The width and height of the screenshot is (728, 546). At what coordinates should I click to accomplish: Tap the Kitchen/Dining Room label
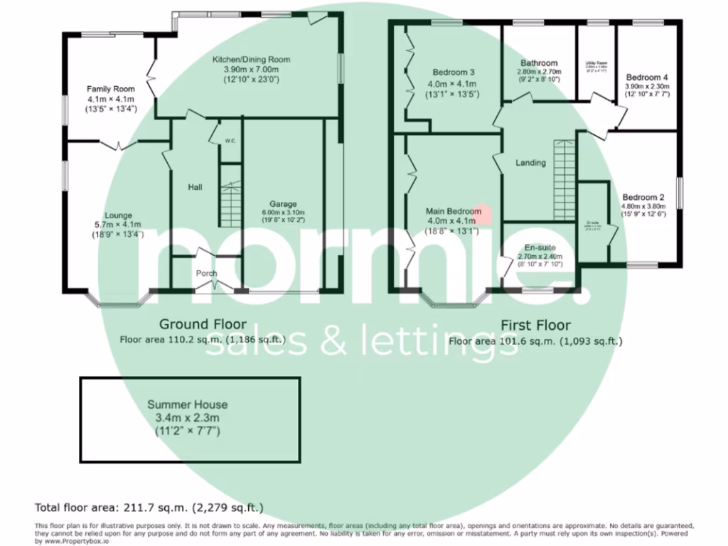[x=252, y=59]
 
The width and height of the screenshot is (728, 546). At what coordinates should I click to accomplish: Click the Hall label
[x=195, y=188]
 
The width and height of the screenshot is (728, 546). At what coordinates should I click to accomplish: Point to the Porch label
[x=207, y=274]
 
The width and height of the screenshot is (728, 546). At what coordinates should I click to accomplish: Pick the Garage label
[x=283, y=203]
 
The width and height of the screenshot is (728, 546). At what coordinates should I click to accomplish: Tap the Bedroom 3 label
[x=454, y=73]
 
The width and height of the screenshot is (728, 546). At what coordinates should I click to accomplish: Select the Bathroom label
[x=538, y=63]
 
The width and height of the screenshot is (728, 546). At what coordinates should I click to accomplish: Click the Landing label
[x=530, y=163]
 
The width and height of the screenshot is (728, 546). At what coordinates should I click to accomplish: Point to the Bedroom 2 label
[x=643, y=197]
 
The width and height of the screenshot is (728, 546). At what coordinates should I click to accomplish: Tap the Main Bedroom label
[x=454, y=211]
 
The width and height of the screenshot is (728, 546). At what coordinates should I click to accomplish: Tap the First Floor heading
[x=535, y=326]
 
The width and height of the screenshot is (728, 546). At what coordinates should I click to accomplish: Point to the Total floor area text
[x=149, y=507]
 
